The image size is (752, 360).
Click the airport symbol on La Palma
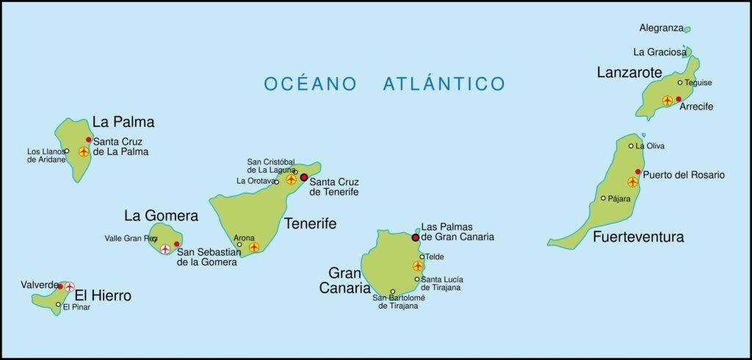[x=84, y=151]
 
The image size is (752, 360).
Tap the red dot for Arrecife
[x=679, y=99]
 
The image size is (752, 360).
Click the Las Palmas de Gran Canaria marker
[x=416, y=237]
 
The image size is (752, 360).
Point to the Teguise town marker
[x=680, y=82]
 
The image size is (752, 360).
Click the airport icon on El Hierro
[x=70, y=287]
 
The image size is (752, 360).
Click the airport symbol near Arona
[x=254, y=247]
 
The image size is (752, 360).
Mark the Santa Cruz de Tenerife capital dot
[x=304, y=177]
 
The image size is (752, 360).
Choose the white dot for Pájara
[x=604, y=198]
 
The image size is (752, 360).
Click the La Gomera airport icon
[x=164, y=250]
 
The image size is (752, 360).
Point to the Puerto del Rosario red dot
[x=637, y=172]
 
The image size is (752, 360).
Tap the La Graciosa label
[x=658, y=52]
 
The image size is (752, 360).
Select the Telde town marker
[x=422, y=256]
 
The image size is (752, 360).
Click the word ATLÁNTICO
[x=444, y=83]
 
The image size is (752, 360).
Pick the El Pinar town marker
[x=58, y=303]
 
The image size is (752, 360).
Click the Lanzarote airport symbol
[x=667, y=101]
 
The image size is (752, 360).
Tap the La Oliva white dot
[x=631, y=145]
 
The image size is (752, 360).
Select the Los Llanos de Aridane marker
[x=67, y=151]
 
